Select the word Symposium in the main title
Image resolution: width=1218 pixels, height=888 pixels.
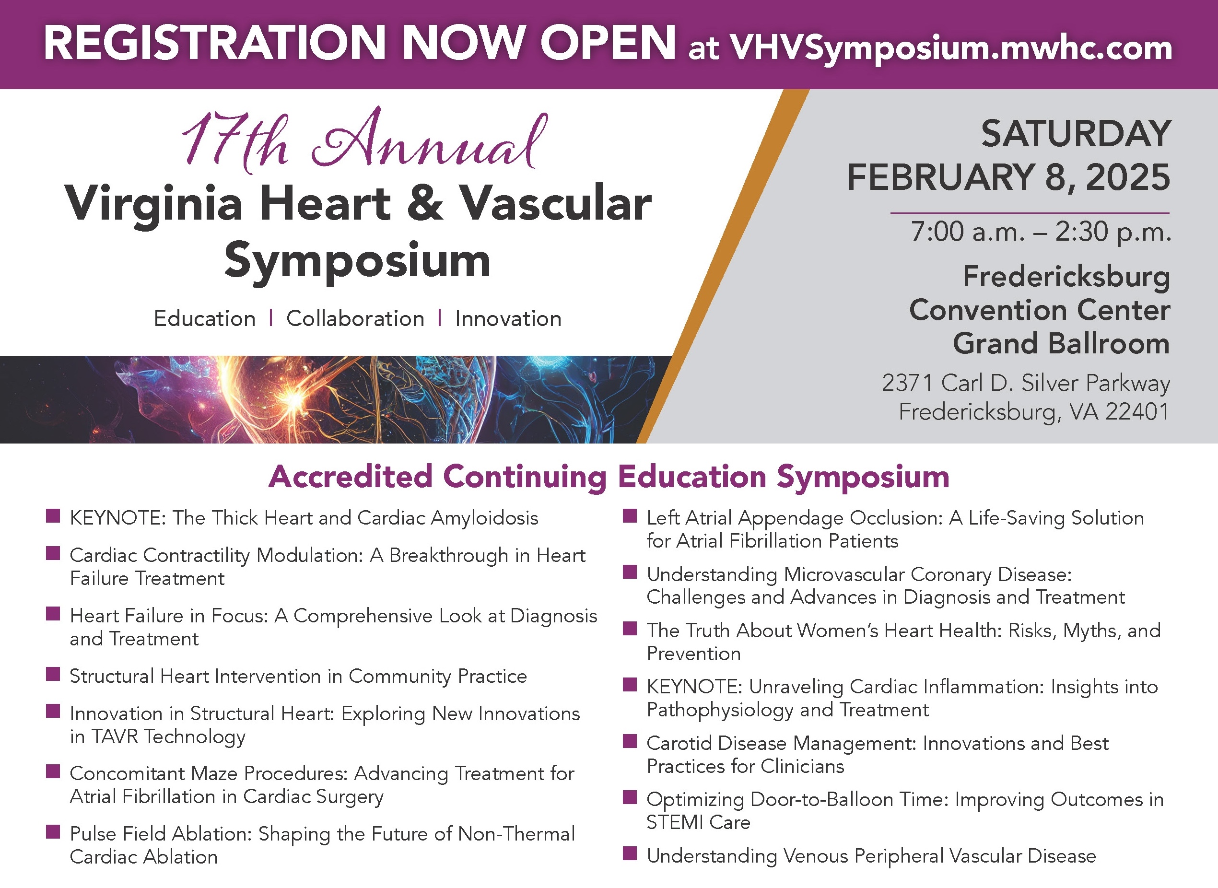[357, 261]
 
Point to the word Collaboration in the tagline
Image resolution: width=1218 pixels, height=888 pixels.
[355, 319]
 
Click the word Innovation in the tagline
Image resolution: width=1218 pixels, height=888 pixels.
[508, 319]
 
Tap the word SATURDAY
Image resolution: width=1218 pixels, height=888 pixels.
[1075, 133]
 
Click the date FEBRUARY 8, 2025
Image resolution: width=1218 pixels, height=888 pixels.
[1008, 177]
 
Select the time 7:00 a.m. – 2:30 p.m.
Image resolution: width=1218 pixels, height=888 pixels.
[1040, 232]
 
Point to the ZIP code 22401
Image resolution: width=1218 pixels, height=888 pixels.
[1137, 412]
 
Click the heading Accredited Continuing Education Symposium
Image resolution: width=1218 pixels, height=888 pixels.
[609, 477]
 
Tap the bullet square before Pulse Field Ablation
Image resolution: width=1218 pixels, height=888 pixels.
[53, 832]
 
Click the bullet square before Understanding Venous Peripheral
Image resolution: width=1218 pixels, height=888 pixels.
[630, 853]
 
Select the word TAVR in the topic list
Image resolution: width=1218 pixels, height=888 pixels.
[115, 736]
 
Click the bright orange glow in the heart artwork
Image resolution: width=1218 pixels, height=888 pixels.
[294, 398]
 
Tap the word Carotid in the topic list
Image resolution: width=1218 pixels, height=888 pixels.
[679, 743]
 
